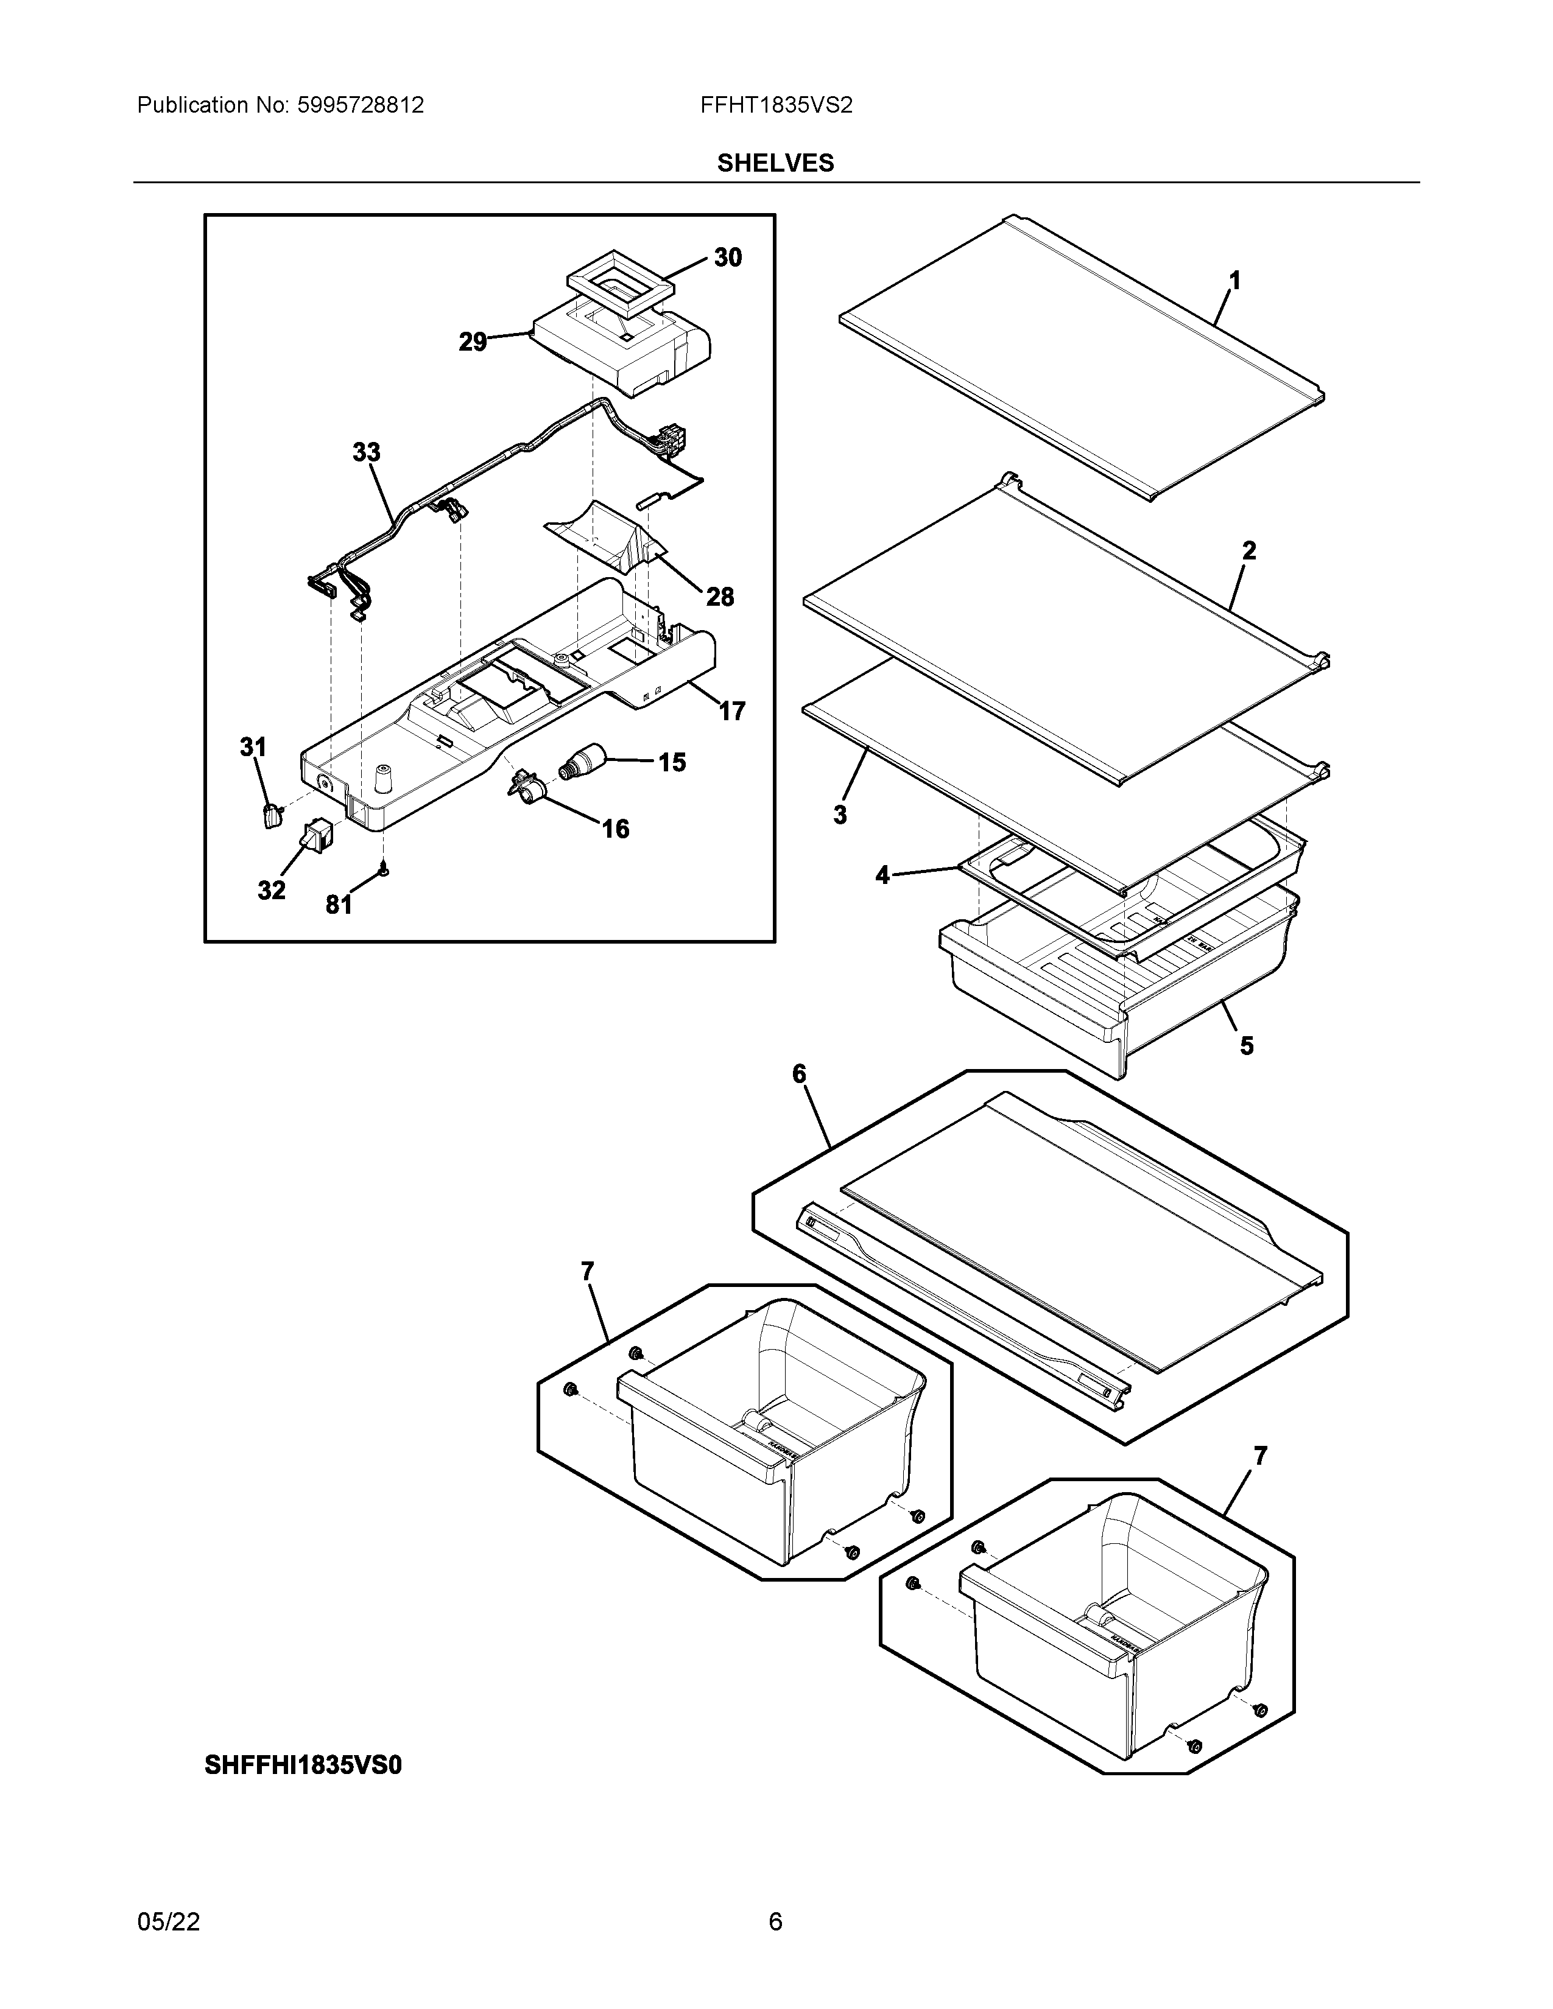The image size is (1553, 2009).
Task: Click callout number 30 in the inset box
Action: [728, 258]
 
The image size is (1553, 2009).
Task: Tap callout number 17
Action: [731, 711]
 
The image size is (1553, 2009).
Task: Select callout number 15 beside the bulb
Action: [672, 763]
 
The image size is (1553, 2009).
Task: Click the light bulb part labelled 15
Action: [582, 763]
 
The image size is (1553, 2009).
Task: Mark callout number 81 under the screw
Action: [339, 905]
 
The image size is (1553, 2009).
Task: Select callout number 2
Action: [1248, 551]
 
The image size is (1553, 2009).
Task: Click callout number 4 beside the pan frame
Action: [882, 875]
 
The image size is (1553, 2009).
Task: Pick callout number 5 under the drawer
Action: [1247, 1046]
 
